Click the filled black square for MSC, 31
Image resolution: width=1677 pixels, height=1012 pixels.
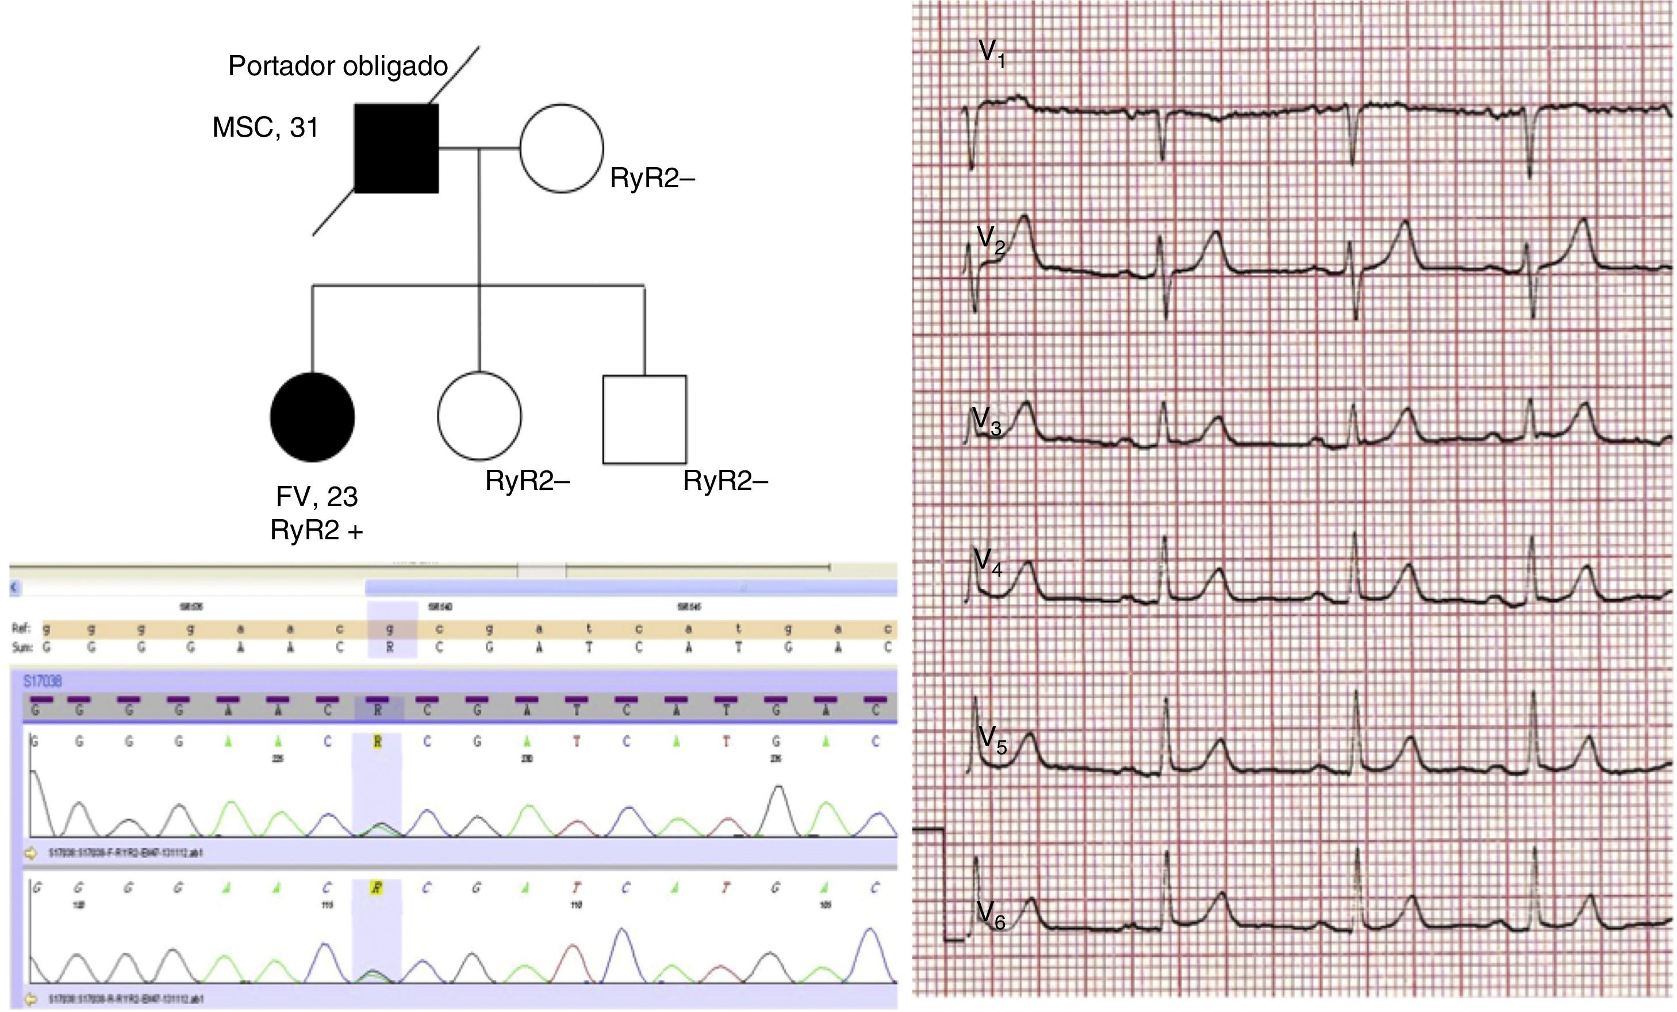click(397, 148)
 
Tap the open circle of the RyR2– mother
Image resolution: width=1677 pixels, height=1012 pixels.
click(562, 148)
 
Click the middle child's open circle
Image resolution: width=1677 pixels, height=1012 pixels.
click(479, 416)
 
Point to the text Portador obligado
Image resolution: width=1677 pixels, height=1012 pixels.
click(337, 66)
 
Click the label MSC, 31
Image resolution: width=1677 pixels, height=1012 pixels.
click(266, 127)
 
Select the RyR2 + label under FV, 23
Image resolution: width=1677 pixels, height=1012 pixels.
click(316, 531)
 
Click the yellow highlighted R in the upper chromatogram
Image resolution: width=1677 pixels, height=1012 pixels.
click(377, 742)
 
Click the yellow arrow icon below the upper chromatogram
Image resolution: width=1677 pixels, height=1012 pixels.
click(30, 853)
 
